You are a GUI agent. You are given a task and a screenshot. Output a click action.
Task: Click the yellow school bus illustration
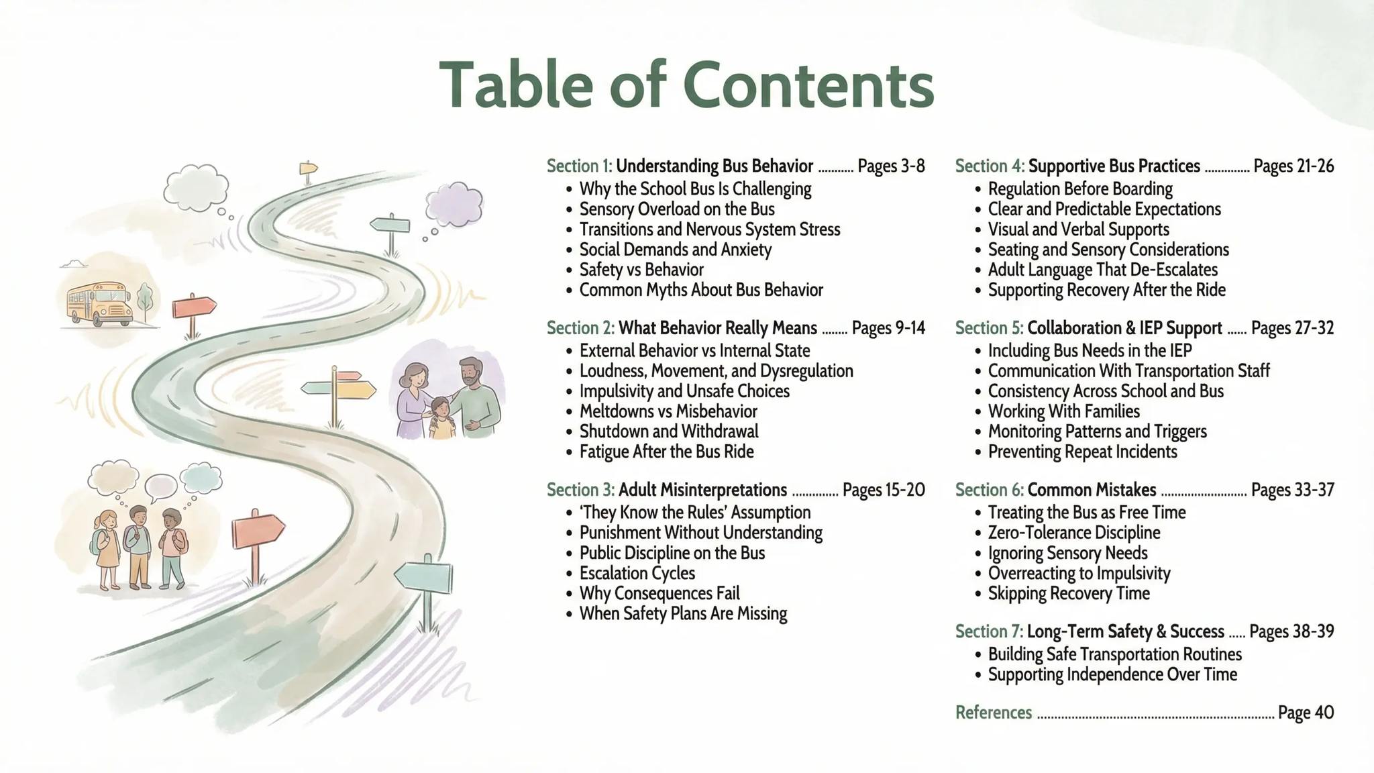[99, 304]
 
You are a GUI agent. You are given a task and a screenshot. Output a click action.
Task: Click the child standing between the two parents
[441, 419]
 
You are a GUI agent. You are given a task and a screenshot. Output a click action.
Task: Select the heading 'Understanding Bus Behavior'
[715, 166]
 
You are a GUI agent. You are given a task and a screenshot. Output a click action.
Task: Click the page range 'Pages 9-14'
[888, 328]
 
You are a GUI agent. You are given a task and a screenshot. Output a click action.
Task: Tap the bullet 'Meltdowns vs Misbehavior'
[668, 411]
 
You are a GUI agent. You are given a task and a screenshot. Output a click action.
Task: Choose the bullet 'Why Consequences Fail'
[659, 593]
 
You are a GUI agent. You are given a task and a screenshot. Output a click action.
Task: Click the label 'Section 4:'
[990, 166]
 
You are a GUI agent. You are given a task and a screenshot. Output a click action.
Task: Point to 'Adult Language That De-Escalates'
[1102, 270]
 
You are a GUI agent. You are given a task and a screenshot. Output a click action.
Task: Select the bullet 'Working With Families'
[1063, 411]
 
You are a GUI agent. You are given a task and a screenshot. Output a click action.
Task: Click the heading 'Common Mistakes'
[1092, 490]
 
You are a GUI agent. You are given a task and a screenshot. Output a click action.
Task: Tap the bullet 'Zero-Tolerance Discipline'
[1074, 533]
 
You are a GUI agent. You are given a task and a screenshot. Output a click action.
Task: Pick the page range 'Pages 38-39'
[1291, 631]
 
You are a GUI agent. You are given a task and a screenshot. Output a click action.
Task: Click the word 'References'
[994, 713]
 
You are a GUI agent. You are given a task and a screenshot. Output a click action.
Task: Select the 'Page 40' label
[1306, 713]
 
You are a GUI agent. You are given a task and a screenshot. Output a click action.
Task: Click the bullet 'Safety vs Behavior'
[641, 270]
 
